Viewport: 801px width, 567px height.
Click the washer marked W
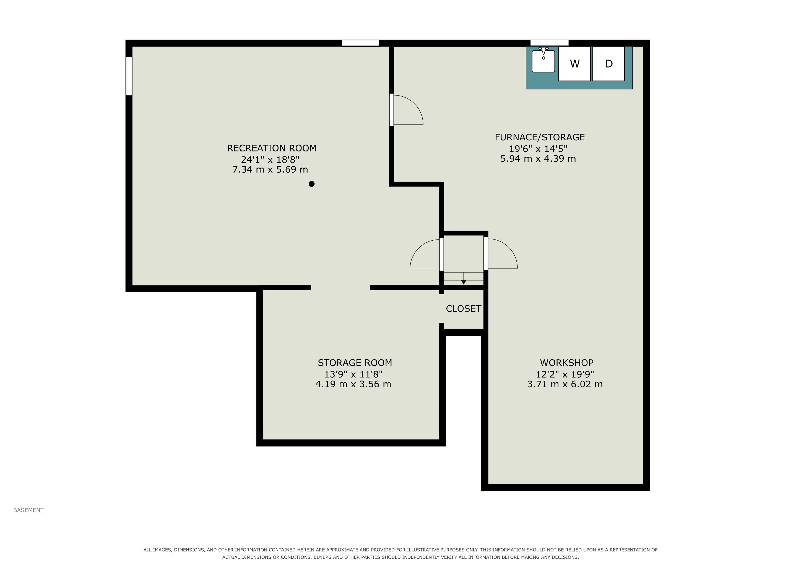tap(574, 64)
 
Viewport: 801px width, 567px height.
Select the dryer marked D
tap(608, 64)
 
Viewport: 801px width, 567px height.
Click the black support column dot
tap(311, 184)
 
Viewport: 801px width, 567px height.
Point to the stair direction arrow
tap(464, 278)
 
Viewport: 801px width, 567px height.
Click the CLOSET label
tap(463, 309)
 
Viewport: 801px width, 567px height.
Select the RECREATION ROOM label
tap(272, 148)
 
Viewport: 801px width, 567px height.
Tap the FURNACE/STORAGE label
tap(540, 137)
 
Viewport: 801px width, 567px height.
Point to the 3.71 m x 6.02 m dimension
tap(565, 384)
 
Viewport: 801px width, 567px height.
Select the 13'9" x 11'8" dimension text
tap(353, 374)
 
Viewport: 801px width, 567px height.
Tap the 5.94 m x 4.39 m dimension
tap(538, 159)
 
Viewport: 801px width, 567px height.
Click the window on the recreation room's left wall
tap(129, 76)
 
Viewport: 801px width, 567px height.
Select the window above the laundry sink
tap(550, 43)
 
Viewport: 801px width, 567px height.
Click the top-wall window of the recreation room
tap(360, 43)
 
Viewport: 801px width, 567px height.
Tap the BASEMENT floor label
tap(28, 510)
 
